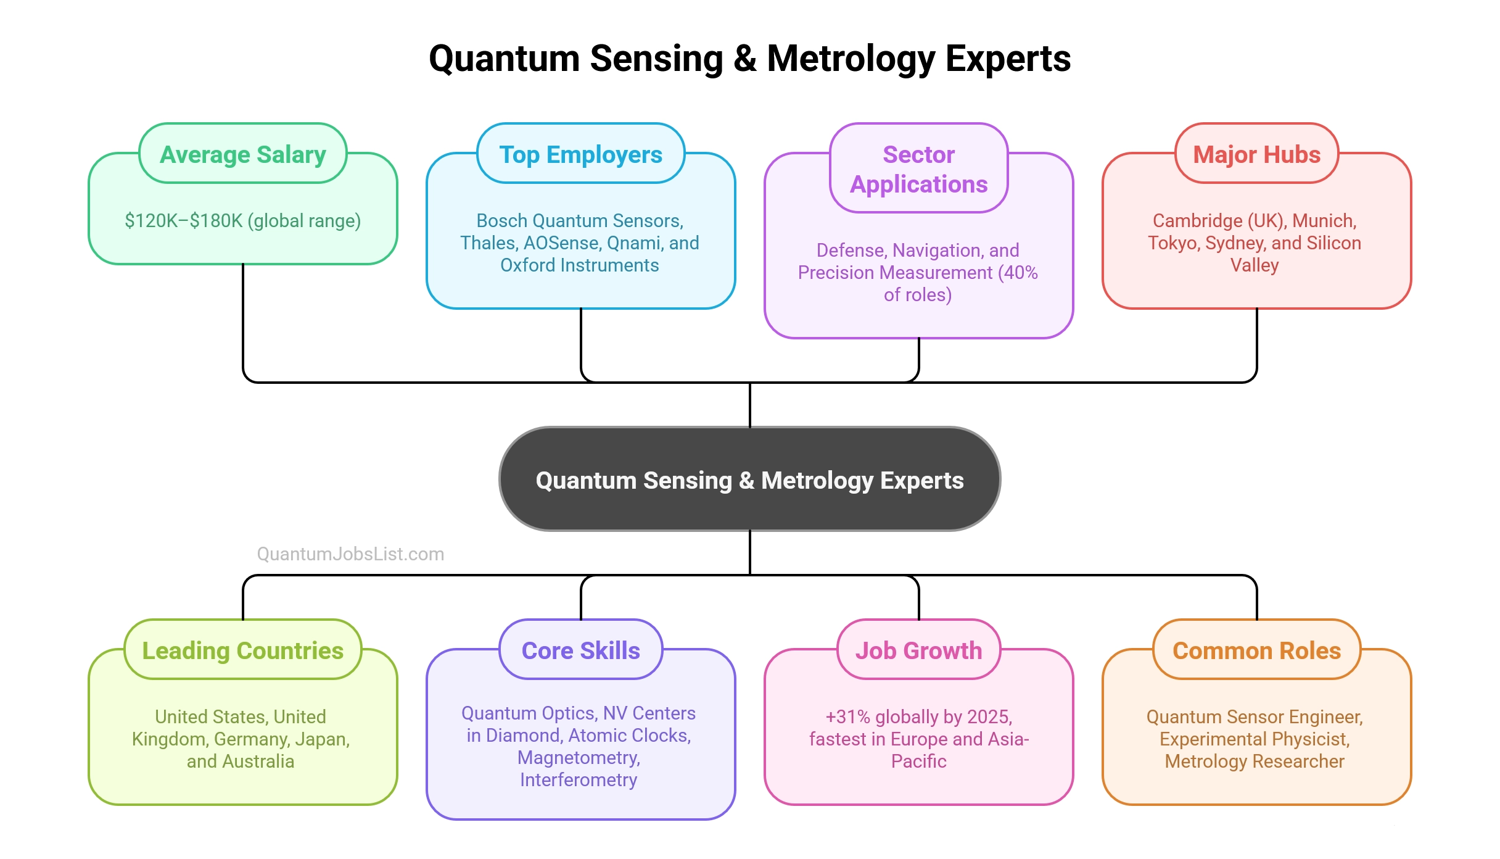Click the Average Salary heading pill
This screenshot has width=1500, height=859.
coord(242,154)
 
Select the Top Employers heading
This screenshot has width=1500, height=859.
coord(580,154)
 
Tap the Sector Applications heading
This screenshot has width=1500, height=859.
coord(918,168)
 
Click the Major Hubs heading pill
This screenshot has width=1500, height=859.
coord(1256,154)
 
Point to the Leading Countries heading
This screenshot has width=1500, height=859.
coord(242,650)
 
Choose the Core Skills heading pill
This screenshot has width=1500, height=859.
coord(580,650)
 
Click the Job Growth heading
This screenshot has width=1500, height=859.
coord(918,650)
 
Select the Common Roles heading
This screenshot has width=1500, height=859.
coord(1256,650)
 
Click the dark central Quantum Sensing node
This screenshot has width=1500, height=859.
coord(749,479)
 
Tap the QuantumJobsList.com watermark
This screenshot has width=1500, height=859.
coord(350,554)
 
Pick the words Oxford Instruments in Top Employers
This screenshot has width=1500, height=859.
coord(579,265)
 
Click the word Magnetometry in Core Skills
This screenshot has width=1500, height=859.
coord(578,758)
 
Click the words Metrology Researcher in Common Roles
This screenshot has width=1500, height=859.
coord(1254,761)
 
